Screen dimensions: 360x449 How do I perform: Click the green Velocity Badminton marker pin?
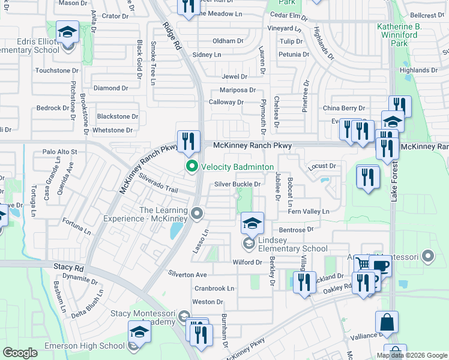(192, 166)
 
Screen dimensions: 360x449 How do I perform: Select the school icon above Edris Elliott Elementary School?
(68, 32)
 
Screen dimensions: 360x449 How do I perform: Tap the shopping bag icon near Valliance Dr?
(387, 322)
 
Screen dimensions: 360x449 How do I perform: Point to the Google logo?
(20, 353)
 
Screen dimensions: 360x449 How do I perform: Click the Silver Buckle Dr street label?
(238, 185)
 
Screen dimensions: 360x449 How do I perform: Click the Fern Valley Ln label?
(309, 211)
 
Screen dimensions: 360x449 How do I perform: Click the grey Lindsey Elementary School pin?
(248, 243)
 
